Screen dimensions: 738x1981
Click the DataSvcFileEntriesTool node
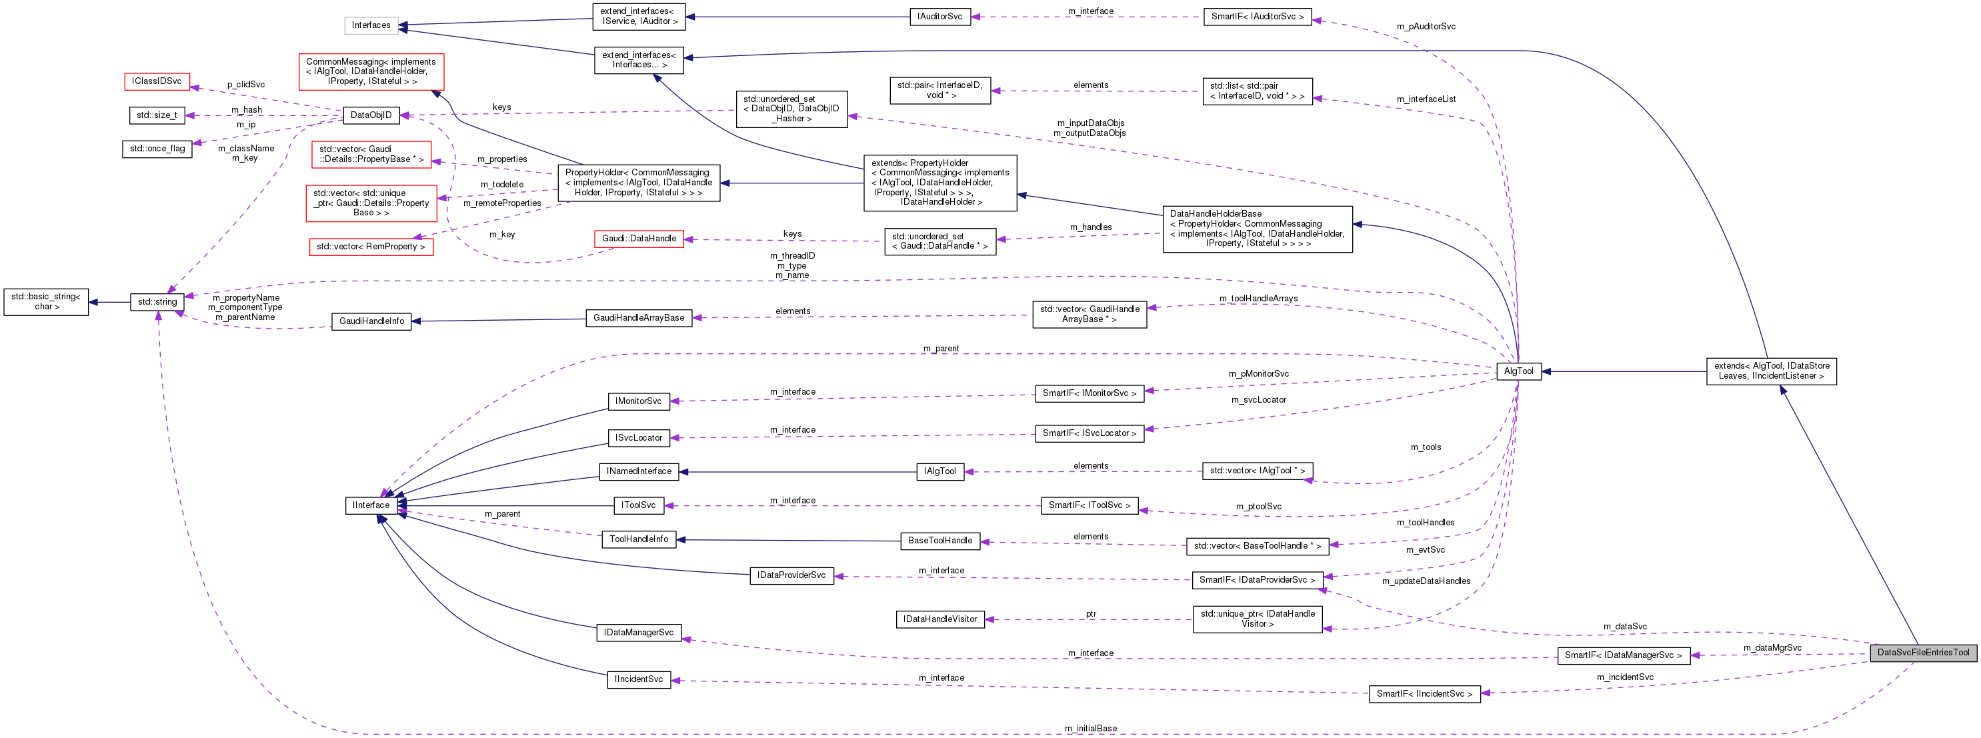coord(1922,653)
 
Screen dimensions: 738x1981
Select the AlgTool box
coord(1518,371)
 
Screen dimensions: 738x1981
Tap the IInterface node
coord(371,505)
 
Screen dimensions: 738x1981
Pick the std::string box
coord(157,302)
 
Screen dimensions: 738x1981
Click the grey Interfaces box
coord(371,25)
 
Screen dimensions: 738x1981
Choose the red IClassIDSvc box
coord(156,81)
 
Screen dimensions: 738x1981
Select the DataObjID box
coord(371,115)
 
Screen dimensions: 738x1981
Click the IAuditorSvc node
coord(939,16)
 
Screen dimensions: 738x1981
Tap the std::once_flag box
coord(157,149)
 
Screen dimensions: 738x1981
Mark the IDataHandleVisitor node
coord(939,619)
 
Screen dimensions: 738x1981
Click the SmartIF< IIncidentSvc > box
coord(1424,693)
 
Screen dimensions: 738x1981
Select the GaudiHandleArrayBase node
coord(638,317)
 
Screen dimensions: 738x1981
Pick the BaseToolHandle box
coord(939,541)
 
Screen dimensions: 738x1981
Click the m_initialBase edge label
coord(1090,728)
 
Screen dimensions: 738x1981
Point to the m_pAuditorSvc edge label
coord(1426,26)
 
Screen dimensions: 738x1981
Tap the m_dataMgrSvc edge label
coord(1772,647)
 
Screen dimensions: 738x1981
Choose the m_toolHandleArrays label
coord(1258,298)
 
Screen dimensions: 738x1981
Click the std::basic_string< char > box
coord(46,301)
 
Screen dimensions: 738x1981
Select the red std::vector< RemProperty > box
coord(371,247)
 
